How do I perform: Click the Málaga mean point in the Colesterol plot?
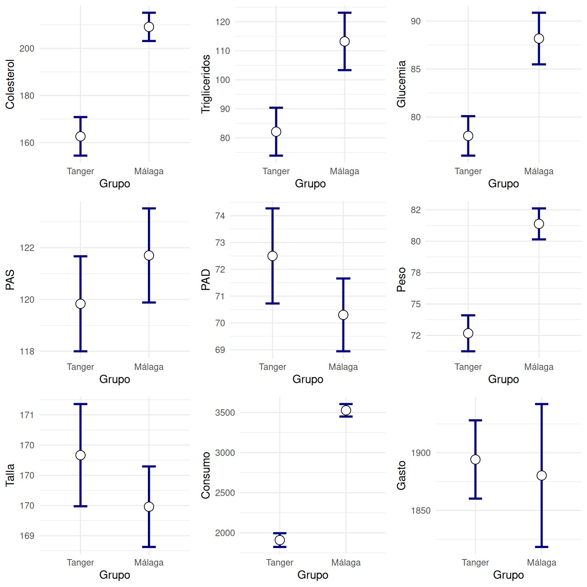(149, 27)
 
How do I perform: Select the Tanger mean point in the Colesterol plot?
(80, 136)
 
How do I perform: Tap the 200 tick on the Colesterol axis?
(27, 49)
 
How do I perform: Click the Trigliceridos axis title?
(206, 84)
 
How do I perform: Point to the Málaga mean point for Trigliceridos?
(345, 41)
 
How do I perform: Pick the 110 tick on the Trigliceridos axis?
(223, 51)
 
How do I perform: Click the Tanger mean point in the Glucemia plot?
(468, 136)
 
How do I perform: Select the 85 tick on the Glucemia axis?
(416, 69)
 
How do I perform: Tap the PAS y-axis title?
(10, 280)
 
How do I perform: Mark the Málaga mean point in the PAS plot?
(149, 255)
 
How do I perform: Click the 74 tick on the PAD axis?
(220, 216)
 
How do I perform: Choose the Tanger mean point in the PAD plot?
(272, 256)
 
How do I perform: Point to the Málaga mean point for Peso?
(539, 224)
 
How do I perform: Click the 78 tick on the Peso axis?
(416, 273)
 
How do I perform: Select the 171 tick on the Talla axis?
(27, 415)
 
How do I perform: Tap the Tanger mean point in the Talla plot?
(80, 455)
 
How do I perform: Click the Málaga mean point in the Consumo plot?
(346, 410)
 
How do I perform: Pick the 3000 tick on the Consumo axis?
(225, 453)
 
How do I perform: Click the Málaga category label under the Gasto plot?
(542, 563)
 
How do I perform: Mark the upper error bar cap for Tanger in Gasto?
(475, 420)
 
